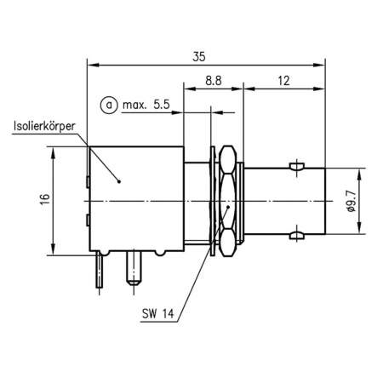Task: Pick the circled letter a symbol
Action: [x=108, y=106]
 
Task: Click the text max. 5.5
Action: [x=146, y=106]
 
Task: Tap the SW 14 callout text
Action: [x=159, y=312]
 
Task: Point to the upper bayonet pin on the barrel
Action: [x=295, y=164]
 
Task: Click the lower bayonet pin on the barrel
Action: [x=295, y=236]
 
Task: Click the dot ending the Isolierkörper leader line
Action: [x=119, y=180]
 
